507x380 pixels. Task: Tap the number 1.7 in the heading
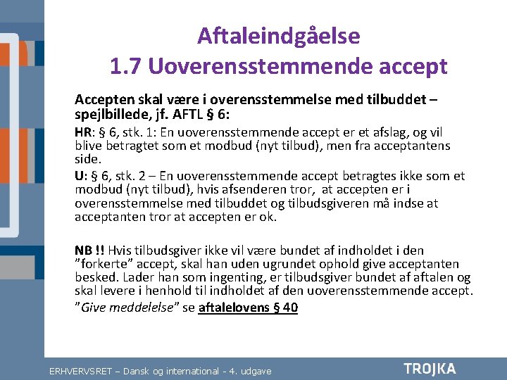[x=126, y=66]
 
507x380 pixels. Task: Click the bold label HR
[x=83, y=132]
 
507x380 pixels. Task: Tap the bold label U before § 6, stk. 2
[x=79, y=176]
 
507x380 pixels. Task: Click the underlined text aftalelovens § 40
[x=249, y=308]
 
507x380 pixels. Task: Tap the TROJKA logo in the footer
[x=430, y=369]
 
